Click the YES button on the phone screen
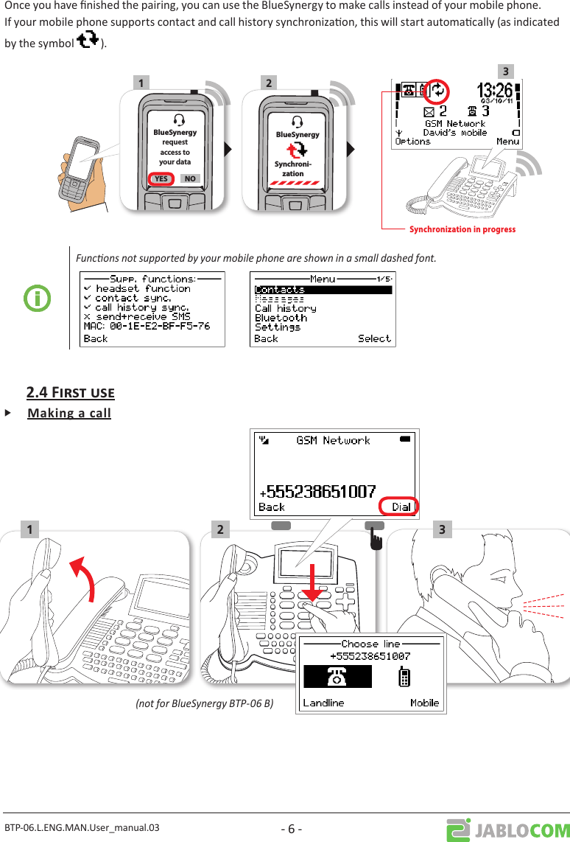tap(161, 178)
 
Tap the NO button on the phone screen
tap(190, 178)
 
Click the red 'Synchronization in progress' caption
tap(462, 229)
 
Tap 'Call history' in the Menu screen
tap(285, 308)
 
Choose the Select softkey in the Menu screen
tap(374, 338)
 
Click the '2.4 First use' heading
tap(70, 392)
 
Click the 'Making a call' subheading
tap(69, 413)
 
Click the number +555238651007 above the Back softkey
tap(318, 491)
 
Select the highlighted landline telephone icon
tap(338, 677)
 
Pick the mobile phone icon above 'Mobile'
tap(404, 677)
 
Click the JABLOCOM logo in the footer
tap(507, 829)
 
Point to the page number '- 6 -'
tap(292, 829)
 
